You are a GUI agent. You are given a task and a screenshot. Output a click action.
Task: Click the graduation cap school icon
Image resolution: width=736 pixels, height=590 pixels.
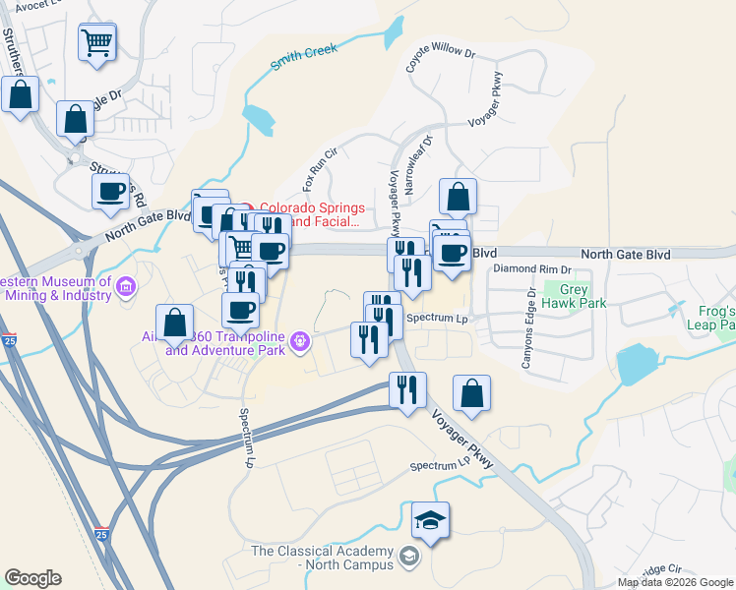click(x=430, y=518)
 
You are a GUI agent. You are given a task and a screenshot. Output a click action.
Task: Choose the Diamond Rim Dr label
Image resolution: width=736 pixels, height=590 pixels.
click(x=531, y=268)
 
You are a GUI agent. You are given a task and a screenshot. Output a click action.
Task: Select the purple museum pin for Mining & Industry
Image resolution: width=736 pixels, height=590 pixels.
click(x=125, y=287)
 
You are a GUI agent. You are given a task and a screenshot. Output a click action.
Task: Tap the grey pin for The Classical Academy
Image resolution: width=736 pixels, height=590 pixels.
click(x=408, y=559)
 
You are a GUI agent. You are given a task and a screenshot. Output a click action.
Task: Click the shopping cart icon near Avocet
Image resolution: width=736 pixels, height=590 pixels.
click(x=97, y=41)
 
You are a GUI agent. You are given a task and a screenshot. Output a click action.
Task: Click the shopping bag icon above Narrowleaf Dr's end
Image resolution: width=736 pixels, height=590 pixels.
click(x=458, y=197)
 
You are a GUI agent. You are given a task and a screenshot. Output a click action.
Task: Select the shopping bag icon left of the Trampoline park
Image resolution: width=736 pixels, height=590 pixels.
click(x=174, y=322)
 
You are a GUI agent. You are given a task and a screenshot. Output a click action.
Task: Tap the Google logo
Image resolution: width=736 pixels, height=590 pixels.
click(x=32, y=578)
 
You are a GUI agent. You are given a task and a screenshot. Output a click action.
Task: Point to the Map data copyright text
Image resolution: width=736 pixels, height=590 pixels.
click(x=674, y=582)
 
